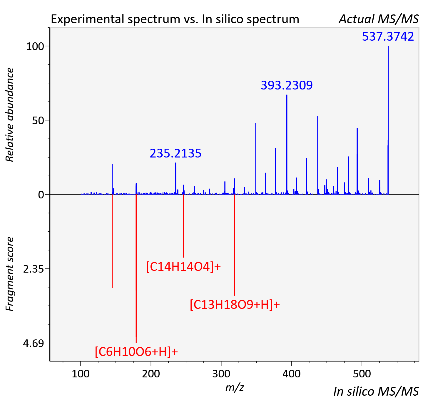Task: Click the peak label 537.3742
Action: pos(388,37)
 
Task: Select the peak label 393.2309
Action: pos(287,85)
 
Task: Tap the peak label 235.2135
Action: pos(176,153)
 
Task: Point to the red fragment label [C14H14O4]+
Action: pos(184,267)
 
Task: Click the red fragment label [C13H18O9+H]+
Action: pos(235,305)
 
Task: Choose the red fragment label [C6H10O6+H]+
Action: pos(136,351)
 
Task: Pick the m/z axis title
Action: pos(235,387)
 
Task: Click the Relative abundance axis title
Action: pos(9,115)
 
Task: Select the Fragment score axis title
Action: pos(9,274)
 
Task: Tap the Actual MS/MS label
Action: pos(379,19)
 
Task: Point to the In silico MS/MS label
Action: pos(376,392)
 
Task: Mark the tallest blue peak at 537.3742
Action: pos(388,120)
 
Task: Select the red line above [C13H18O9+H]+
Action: pos(235,245)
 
